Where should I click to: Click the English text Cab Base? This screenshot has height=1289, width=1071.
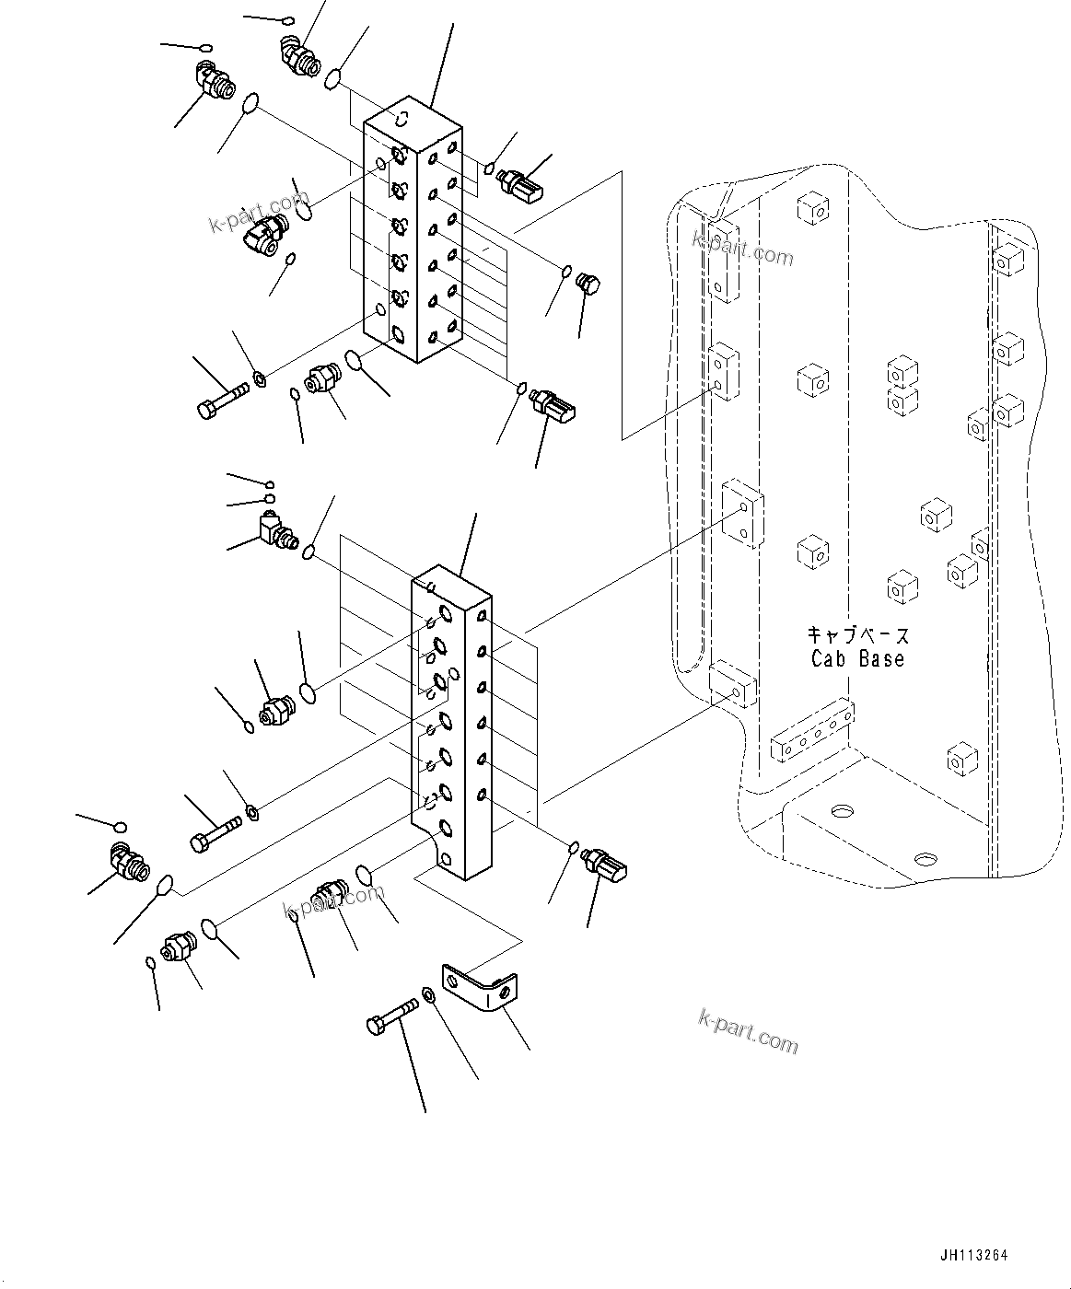point(857,659)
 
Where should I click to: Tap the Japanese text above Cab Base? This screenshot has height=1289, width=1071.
point(857,635)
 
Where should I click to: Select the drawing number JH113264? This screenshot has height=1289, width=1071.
point(974,1255)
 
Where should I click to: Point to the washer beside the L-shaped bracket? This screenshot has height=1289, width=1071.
point(429,994)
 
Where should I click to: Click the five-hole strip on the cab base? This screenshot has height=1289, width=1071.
point(812,732)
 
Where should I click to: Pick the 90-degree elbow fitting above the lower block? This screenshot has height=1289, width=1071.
point(275,530)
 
